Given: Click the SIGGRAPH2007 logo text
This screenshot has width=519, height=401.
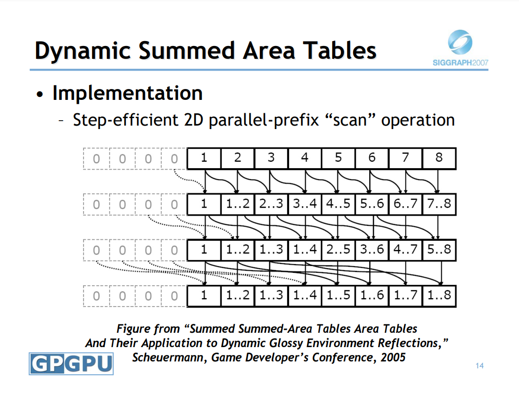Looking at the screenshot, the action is click(x=460, y=63).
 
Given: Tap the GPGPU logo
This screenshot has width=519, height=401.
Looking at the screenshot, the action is click(x=71, y=363).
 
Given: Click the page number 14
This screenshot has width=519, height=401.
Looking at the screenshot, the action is click(x=479, y=365).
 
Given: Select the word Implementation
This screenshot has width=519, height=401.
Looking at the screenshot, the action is click(x=128, y=93).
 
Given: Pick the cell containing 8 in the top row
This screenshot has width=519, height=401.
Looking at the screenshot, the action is click(x=439, y=158).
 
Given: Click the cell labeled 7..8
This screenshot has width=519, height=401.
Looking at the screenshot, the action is click(x=439, y=204).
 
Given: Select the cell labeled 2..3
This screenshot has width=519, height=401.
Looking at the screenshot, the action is click(x=271, y=204).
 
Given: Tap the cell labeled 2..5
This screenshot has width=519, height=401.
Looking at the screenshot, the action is click(x=338, y=250).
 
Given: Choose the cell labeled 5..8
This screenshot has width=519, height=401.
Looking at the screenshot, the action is click(x=439, y=250).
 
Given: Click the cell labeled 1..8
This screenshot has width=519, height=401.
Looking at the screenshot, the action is click(x=439, y=295).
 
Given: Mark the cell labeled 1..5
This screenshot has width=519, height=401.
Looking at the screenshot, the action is click(x=338, y=295).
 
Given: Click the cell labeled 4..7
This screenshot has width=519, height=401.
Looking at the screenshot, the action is click(x=405, y=250).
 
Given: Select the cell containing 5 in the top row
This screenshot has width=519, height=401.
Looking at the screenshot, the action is click(x=338, y=158).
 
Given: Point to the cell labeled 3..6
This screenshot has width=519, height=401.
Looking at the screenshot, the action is click(x=372, y=250).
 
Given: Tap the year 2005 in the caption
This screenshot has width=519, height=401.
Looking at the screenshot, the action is click(x=393, y=357).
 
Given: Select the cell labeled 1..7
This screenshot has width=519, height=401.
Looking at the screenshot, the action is click(x=405, y=295).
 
